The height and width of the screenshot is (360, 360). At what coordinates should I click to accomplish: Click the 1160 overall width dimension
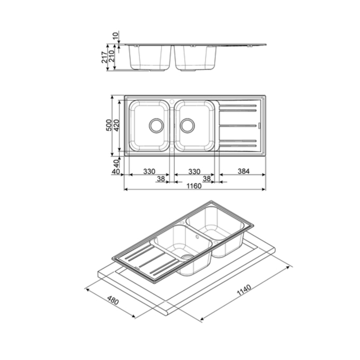pyautogui.click(x=194, y=186)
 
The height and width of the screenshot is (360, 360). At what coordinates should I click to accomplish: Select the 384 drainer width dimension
pyautogui.click(x=243, y=171)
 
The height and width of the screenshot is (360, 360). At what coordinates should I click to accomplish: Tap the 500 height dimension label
pyautogui.click(x=109, y=125)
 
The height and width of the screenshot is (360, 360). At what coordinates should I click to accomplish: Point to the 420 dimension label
pyautogui.click(x=116, y=125)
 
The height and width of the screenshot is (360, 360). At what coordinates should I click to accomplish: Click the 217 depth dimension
pyautogui.click(x=104, y=57)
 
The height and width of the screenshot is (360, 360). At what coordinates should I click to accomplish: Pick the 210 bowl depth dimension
pyautogui.click(x=112, y=57)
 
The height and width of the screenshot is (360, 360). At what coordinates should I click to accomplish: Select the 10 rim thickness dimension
pyautogui.click(x=116, y=35)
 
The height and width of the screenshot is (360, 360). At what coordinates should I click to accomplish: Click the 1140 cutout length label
pyautogui.click(x=244, y=290)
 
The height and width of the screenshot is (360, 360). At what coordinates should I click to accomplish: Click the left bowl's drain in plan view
pyautogui.click(x=156, y=125)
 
